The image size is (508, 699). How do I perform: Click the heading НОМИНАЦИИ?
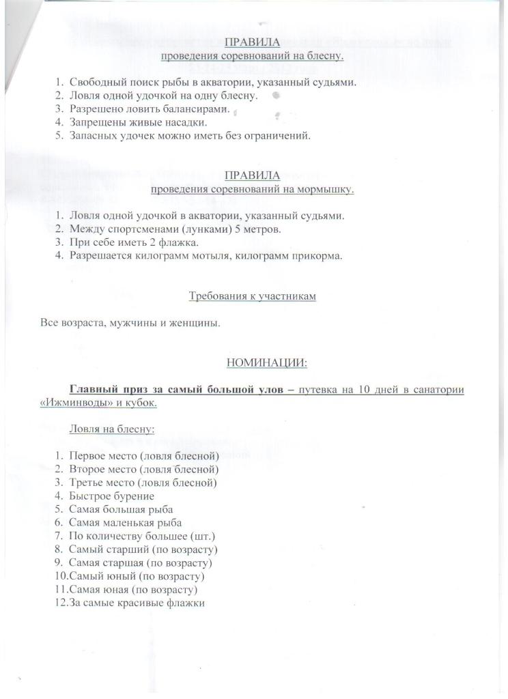pyautogui.click(x=266, y=363)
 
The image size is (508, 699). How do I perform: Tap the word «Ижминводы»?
pyautogui.click(x=72, y=403)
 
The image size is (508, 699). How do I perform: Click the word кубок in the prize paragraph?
pyautogui.click(x=141, y=403)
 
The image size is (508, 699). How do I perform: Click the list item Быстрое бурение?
pyautogui.click(x=111, y=496)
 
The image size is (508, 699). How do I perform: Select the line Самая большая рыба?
pyautogui.click(x=121, y=509)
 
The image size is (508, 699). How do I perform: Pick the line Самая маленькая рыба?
pyautogui.click(x=125, y=523)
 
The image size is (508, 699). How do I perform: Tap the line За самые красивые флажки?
pyautogui.click(x=137, y=603)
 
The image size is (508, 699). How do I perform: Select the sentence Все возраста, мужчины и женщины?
pyautogui.click(x=130, y=323)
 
